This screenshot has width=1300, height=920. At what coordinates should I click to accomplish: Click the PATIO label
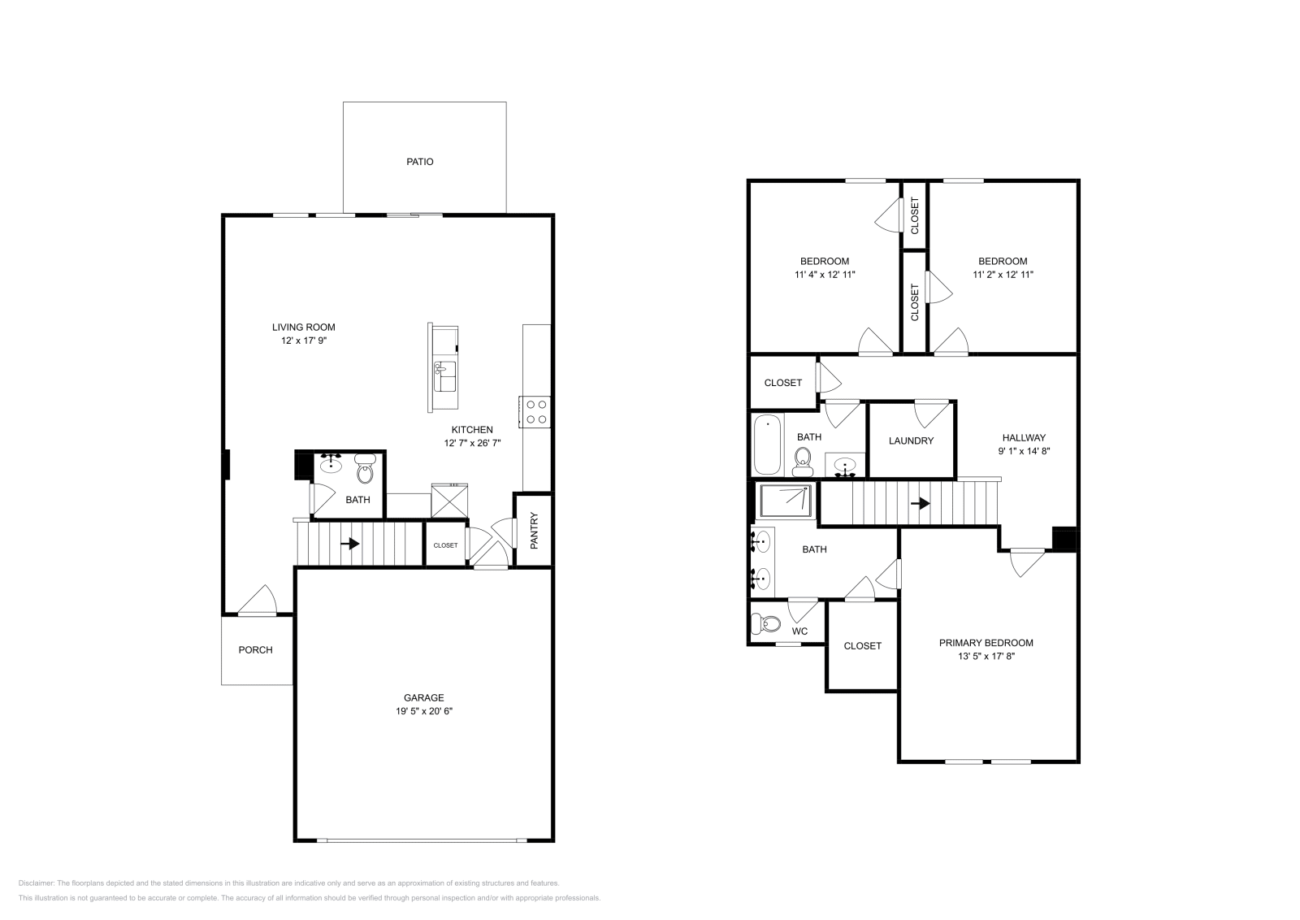[x=420, y=162]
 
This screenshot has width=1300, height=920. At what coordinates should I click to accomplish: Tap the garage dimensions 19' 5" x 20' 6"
[x=424, y=711]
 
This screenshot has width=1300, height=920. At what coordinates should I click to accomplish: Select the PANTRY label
[x=534, y=530]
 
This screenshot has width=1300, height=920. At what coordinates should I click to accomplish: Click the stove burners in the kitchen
[x=536, y=411]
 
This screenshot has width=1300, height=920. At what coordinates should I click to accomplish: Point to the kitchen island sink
[x=444, y=376]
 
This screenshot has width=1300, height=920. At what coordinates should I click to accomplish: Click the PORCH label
[x=255, y=650]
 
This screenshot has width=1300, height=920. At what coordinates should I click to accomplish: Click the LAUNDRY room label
[x=911, y=440]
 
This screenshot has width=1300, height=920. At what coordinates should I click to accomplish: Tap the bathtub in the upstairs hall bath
[x=767, y=445]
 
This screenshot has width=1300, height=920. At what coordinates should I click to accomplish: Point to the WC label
[x=799, y=631]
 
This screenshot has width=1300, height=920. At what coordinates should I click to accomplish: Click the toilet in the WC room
[x=765, y=624]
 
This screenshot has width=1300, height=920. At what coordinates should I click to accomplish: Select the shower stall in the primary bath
[x=784, y=501]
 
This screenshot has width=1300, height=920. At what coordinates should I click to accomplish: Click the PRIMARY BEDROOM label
[x=986, y=643]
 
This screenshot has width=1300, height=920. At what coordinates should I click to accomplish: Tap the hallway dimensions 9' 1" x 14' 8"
[x=1024, y=451]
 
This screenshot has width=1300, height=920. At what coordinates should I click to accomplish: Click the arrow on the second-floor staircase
[x=921, y=504]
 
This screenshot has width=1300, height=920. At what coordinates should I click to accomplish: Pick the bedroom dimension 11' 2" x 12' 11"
[x=1003, y=275]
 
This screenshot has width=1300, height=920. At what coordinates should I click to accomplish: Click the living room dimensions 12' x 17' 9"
[x=303, y=341]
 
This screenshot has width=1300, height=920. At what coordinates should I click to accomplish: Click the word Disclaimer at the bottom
[x=36, y=883]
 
